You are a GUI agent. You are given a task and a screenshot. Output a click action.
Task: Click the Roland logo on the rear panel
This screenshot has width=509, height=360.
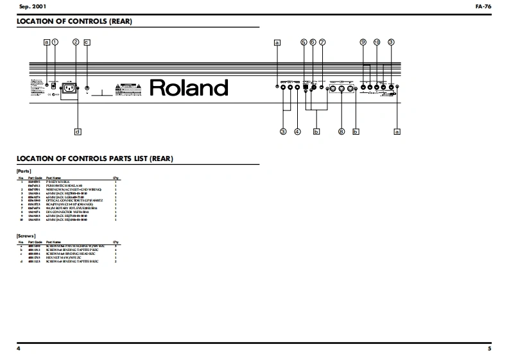click(x=189, y=87)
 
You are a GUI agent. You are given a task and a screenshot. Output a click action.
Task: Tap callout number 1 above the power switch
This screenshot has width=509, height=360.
click(x=55, y=42)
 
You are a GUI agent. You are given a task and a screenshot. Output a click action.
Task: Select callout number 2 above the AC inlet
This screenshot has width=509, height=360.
click(x=76, y=42)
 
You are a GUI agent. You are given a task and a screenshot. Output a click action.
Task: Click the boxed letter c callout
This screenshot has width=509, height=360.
click(x=87, y=42)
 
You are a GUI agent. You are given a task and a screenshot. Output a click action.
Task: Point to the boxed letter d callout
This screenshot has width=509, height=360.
click(x=78, y=132)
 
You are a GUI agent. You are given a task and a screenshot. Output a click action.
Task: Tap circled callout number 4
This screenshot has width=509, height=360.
click(x=297, y=132)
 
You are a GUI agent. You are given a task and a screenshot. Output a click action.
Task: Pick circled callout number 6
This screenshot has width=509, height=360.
click(x=313, y=42)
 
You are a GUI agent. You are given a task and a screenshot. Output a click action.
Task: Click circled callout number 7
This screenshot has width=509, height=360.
click(x=322, y=42)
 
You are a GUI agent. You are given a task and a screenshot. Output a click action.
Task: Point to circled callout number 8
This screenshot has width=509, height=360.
click(x=341, y=132)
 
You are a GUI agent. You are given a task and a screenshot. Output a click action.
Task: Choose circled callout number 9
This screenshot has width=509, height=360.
click(x=363, y=42)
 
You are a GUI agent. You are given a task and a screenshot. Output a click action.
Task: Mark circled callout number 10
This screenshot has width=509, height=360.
click(x=377, y=42)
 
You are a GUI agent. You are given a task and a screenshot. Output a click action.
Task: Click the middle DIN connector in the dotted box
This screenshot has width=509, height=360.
click(x=342, y=89)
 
